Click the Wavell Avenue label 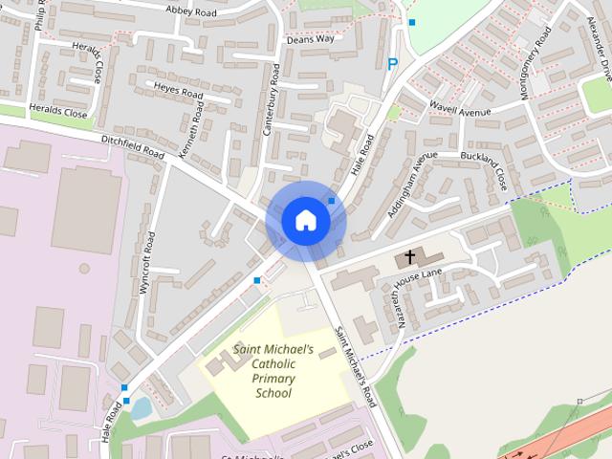(x=459, y=109)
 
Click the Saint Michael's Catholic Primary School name (x=273, y=372)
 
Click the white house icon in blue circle (x=305, y=220)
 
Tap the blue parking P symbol (x=391, y=64)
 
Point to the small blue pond (x=141, y=409)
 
